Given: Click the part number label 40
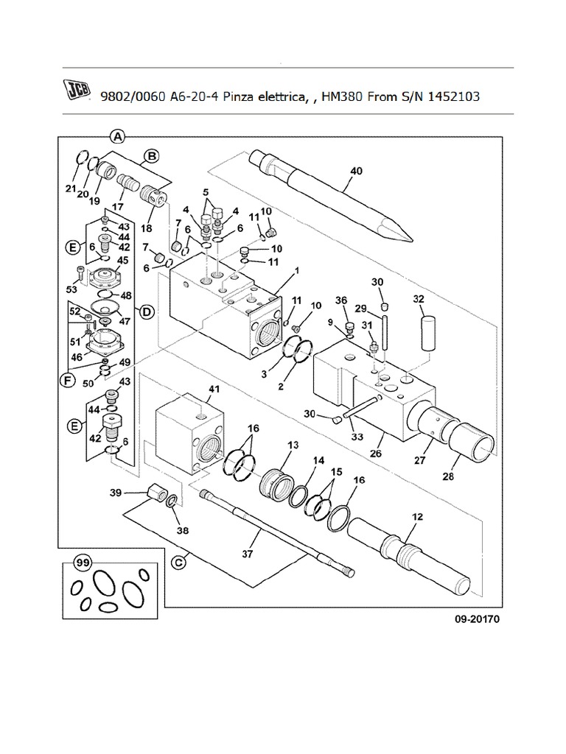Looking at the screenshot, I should pos(356,172).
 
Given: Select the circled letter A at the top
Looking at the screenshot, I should pos(117,135).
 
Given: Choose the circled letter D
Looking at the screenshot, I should pos(146,313).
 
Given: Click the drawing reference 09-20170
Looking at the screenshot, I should pos(477,619).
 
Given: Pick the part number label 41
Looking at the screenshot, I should pos(214,388).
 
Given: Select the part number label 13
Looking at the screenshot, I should pos(293,445).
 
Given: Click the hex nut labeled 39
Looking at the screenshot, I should pos(156,491).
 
